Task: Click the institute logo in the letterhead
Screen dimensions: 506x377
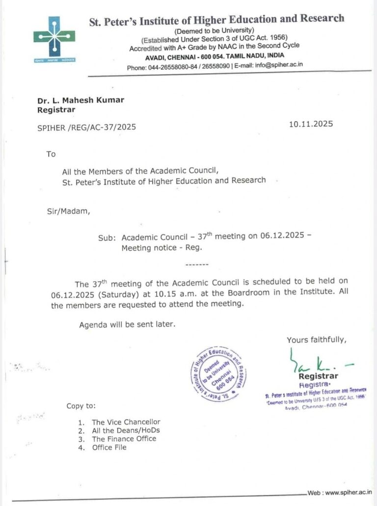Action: (54, 37)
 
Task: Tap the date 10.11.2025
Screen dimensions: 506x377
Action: (311, 124)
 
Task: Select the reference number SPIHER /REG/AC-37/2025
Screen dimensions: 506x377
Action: (87, 128)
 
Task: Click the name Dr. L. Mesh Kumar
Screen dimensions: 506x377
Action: (81, 100)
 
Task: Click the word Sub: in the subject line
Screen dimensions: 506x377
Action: (107, 238)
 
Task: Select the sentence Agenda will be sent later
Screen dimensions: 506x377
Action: (127, 324)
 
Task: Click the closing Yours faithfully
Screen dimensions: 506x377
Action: (317, 340)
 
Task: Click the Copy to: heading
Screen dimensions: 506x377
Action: (81, 406)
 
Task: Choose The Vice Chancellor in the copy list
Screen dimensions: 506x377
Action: (126, 422)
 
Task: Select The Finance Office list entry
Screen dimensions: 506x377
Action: (124, 439)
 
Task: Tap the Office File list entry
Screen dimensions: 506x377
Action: (109, 447)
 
